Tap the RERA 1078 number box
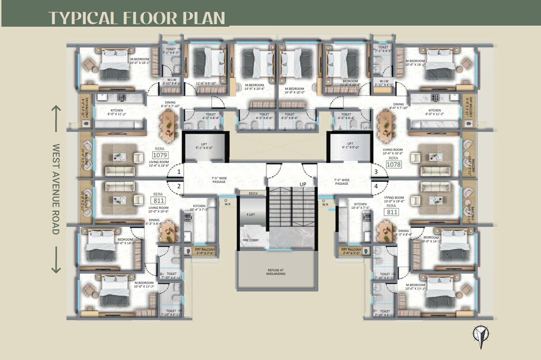click(x=393, y=165)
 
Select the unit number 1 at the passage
click(x=179, y=172)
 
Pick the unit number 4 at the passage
click(x=375, y=186)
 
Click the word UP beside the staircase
click(x=304, y=184)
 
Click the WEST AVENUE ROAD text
click(x=56, y=189)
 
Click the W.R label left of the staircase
click(x=227, y=204)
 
